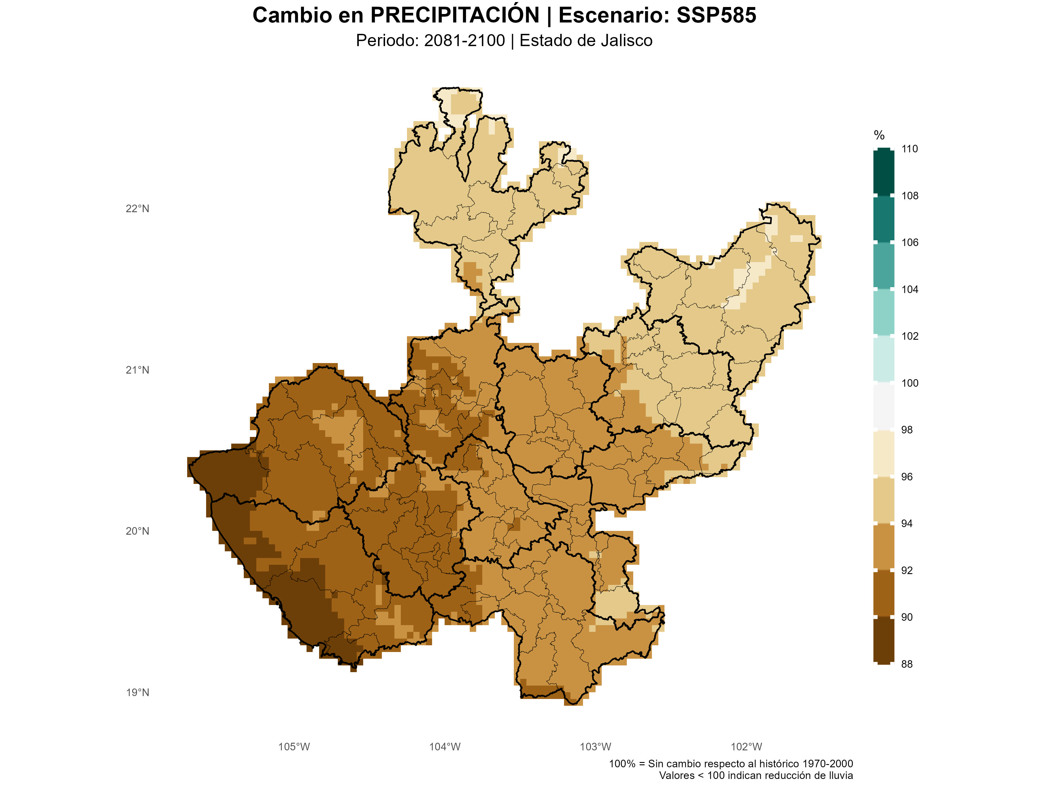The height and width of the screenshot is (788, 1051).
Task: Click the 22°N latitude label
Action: point(137,208)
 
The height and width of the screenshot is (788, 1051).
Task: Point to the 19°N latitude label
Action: point(137,693)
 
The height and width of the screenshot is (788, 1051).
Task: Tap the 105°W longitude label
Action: point(294,747)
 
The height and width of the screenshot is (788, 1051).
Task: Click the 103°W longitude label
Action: point(595,747)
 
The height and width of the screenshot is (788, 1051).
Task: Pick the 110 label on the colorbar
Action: point(909,149)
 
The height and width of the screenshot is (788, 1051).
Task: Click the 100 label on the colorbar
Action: point(909,383)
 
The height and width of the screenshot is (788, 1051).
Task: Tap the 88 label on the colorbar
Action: point(906,664)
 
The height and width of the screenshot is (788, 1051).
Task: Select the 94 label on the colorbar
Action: point(906,523)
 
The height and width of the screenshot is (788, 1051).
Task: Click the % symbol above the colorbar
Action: point(879,135)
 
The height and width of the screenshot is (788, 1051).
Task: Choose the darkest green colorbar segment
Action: point(884,172)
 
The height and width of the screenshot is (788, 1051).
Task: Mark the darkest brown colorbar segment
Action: point(884,640)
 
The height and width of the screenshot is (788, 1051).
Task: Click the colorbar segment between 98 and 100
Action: point(884,406)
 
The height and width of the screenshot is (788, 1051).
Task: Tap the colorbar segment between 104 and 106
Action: point(884,266)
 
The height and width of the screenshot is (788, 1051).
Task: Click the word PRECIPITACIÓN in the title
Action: point(455,15)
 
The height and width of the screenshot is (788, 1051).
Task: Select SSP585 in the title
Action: point(716,15)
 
